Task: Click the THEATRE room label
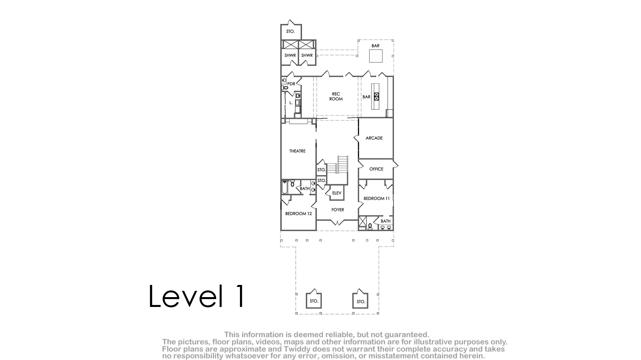coord(297,151)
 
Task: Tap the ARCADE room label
coord(374,138)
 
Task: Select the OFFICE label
coord(376,169)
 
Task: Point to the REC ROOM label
coord(336,96)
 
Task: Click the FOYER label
coord(338,209)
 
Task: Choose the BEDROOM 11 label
coord(377,198)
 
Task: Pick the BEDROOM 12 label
coord(299,214)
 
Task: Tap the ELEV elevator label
coord(337,193)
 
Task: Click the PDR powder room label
coord(291,84)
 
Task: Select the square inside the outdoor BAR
coord(376,56)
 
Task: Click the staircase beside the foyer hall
coord(338,170)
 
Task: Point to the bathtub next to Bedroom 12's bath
coord(284,187)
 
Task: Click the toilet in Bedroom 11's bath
coord(370,227)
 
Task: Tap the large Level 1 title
coord(197,296)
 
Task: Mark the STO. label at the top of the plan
coord(291,31)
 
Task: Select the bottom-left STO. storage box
coord(314,300)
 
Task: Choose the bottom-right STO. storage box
coord(360,300)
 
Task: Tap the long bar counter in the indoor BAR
coord(375,96)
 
